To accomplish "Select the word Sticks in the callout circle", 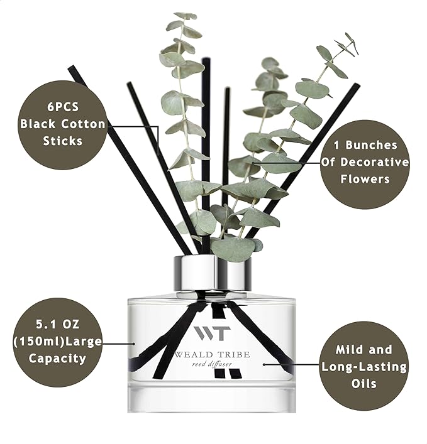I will click(x=63, y=141).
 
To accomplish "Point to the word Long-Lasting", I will click(x=364, y=366).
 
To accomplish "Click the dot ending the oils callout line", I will click(x=265, y=363).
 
